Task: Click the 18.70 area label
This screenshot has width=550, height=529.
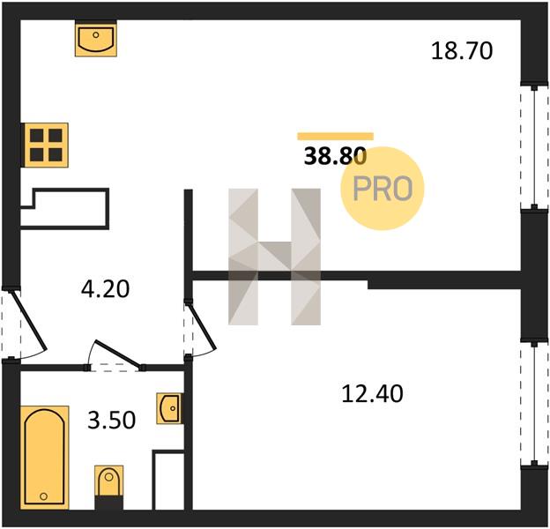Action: tap(462, 51)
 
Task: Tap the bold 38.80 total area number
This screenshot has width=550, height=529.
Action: tap(335, 156)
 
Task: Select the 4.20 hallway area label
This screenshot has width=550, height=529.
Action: tap(105, 289)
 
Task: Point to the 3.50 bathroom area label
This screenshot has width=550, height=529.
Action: tap(112, 421)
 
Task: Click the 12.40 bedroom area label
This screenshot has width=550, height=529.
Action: tap(372, 393)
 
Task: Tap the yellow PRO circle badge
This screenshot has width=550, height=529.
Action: tap(383, 189)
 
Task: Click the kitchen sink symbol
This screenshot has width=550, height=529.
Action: tap(96, 39)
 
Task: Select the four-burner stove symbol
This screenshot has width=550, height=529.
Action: tap(45, 145)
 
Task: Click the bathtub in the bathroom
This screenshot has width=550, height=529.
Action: tap(44, 458)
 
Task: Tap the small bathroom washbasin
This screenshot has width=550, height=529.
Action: tap(169, 408)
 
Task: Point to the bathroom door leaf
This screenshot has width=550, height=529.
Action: tap(117, 353)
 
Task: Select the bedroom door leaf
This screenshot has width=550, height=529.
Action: tap(203, 326)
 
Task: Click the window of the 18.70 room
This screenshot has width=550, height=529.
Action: tap(534, 147)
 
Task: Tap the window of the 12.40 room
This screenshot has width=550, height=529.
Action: tap(534, 404)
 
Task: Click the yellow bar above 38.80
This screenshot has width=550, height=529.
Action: tap(335, 137)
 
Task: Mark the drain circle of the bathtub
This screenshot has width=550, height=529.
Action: tap(44, 496)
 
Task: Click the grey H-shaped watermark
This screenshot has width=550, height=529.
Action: tap(274, 257)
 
